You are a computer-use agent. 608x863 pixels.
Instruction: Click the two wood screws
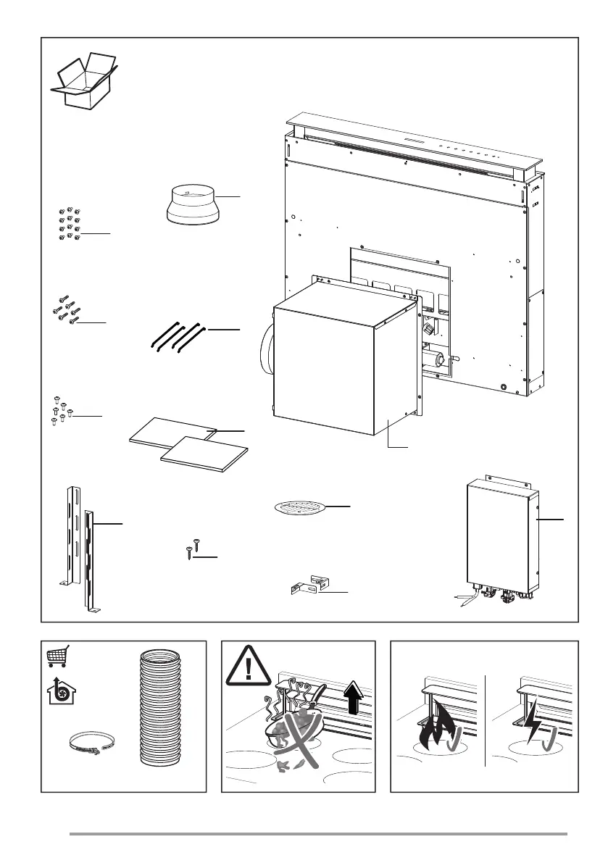point(191,549)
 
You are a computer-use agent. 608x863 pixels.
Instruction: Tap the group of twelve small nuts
point(70,224)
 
